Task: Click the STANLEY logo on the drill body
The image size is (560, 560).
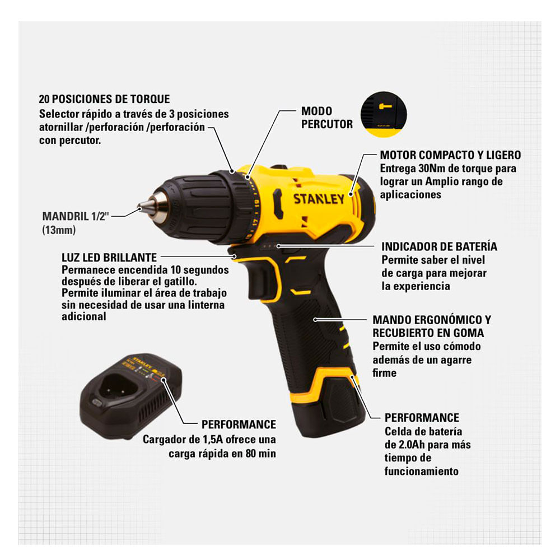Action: click(x=319, y=199)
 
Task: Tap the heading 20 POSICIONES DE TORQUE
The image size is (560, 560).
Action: click(x=104, y=99)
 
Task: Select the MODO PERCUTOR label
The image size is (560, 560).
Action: click(x=327, y=118)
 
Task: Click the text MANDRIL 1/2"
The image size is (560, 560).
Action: click(x=76, y=216)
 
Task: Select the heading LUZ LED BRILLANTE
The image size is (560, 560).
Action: click(x=109, y=258)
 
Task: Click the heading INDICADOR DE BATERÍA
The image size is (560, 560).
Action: click(x=439, y=246)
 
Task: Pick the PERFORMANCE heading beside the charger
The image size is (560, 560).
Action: click(x=239, y=424)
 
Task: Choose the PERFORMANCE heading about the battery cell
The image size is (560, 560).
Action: click(x=422, y=418)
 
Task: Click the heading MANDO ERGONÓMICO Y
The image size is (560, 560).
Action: click(x=432, y=320)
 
